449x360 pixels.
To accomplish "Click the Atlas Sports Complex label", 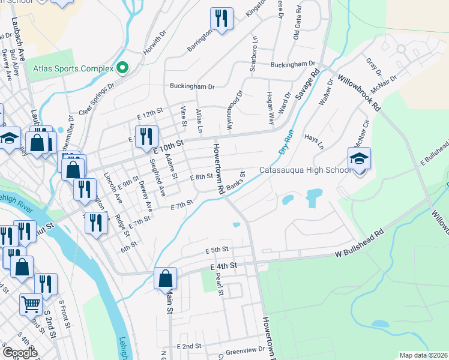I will (73, 68).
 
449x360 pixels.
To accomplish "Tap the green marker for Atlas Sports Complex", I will (122, 68).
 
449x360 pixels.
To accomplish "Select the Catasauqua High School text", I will (305, 170).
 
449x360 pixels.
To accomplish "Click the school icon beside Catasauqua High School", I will (360, 159).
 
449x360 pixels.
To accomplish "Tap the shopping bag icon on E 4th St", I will (165, 279).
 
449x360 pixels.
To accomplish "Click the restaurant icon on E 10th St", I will (146, 137).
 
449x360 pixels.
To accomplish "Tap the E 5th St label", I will (217, 250).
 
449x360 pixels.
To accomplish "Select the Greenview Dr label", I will (245, 350).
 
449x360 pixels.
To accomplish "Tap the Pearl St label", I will (220, 286).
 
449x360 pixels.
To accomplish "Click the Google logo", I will (20, 353).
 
